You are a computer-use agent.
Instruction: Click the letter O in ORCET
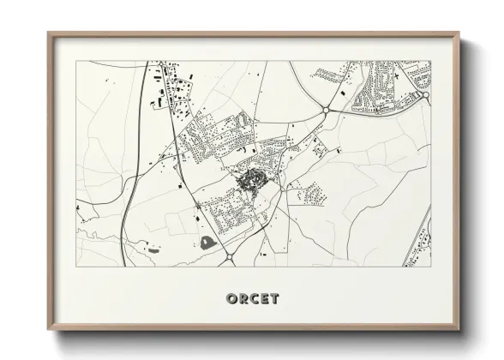231,298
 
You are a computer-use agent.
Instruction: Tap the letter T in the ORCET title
273,298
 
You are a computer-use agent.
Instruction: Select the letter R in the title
242,298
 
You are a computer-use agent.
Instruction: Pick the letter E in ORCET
263,298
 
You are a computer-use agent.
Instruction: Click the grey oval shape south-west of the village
208,243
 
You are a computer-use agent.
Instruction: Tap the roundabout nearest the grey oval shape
229,255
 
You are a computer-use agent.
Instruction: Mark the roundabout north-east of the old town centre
327,110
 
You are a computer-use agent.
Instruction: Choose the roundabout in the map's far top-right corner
424,96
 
